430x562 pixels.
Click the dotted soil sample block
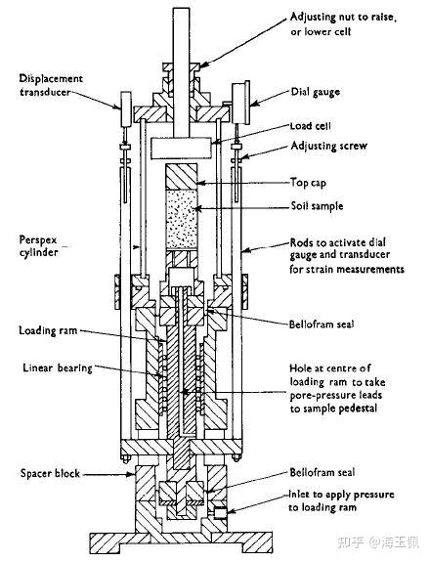coord(182,219)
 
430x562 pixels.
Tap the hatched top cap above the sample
coord(182,177)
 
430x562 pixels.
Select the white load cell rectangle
coord(181,149)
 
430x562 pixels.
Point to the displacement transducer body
coord(126,108)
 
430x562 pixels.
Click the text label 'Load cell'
coord(311,126)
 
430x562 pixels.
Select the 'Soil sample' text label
coord(317,206)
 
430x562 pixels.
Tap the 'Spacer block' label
coord(50,473)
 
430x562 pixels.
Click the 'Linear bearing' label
coord(58,368)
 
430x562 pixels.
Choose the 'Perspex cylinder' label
coord(39,246)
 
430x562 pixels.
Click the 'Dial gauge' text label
coord(316,92)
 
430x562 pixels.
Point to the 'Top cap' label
coord(308,183)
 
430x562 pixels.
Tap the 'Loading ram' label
coord(48,330)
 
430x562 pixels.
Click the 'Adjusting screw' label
coord(329,146)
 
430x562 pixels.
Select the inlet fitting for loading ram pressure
coord(220,513)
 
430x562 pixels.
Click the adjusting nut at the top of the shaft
coord(181,67)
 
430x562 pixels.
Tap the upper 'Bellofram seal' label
coord(322,324)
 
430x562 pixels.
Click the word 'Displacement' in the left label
coord(51,79)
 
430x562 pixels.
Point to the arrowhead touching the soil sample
coord(195,208)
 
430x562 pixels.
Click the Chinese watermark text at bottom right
coord(377,541)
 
